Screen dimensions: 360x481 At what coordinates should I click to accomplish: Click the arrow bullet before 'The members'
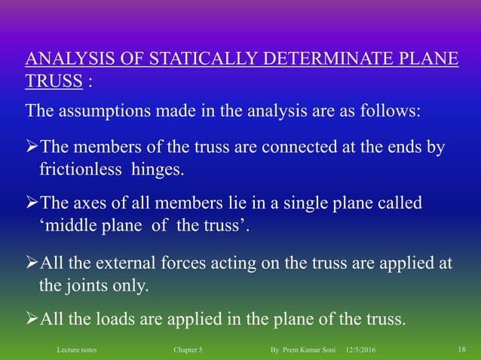pyautogui.click(x=31, y=147)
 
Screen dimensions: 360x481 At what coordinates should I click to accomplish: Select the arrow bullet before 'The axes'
pyautogui.click(x=31, y=204)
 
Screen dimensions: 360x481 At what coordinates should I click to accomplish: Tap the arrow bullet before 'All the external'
pyautogui.click(x=31, y=263)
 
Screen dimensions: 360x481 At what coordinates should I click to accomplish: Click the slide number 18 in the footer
pyautogui.click(x=462, y=350)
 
